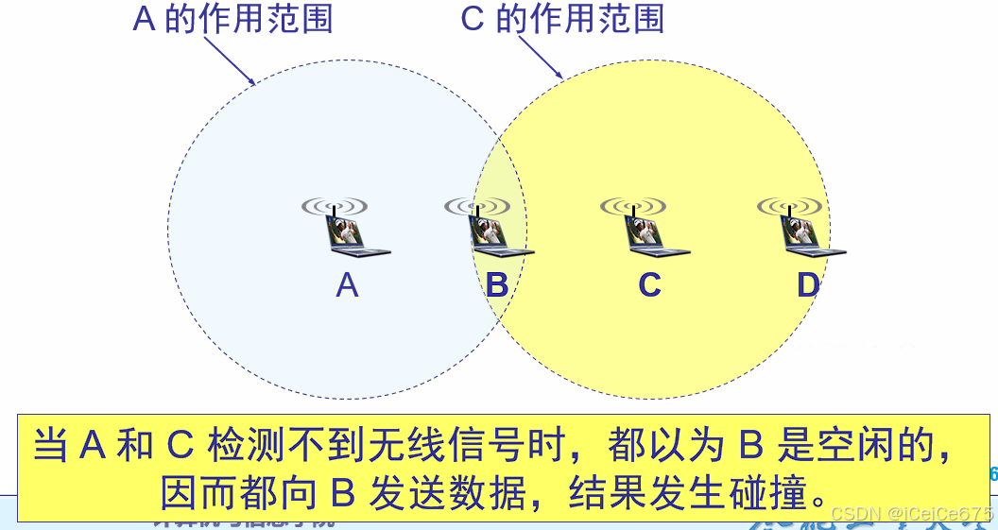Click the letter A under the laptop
347,284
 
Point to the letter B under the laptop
497,284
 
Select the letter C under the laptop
649,284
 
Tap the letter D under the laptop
808,284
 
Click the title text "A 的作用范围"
232,18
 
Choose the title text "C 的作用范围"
562,18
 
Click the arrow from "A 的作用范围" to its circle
230,60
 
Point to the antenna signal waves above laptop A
335,205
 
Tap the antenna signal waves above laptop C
633,205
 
